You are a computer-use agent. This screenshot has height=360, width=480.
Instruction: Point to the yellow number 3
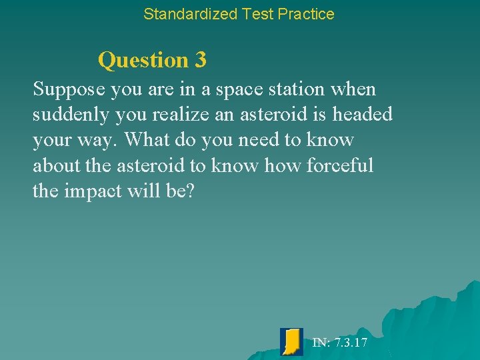201,60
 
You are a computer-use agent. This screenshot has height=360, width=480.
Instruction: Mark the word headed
363,115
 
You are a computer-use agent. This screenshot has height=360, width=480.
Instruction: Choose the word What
147,140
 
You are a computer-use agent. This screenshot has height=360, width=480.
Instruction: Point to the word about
56,165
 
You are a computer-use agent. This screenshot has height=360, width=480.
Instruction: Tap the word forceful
340,165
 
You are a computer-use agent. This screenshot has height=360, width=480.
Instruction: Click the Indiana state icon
291,341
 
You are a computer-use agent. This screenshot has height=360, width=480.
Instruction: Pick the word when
353,89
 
